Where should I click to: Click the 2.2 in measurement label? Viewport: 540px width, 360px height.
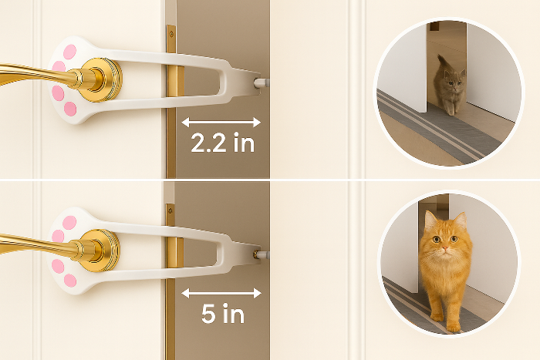(x=222, y=143)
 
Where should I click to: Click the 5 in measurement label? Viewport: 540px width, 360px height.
(x=223, y=313)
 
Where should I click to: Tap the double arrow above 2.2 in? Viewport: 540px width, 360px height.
(x=221, y=122)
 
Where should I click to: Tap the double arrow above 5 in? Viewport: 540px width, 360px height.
(x=221, y=293)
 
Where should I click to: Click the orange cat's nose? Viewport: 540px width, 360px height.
(x=445, y=247)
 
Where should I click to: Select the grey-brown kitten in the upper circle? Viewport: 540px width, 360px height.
(x=449, y=86)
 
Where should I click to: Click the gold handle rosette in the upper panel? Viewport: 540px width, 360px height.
(x=101, y=80)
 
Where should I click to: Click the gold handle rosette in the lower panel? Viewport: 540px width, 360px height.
(x=100, y=251)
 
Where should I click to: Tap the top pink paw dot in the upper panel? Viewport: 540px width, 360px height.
(x=70, y=52)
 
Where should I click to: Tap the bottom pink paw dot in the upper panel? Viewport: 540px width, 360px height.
(x=70, y=109)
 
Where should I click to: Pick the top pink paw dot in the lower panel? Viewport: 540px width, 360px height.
(x=69, y=223)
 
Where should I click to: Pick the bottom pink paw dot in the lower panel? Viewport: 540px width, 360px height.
(x=70, y=281)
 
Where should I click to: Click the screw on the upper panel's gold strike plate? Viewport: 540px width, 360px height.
(x=170, y=34)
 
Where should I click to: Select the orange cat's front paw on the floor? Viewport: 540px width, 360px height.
(x=454, y=328)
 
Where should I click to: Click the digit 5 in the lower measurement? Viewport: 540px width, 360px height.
(x=208, y=313)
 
